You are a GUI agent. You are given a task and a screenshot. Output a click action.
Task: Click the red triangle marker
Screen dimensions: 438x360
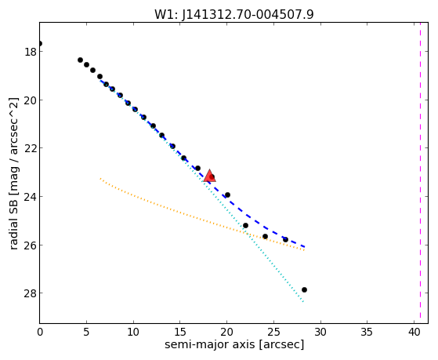point(209,176)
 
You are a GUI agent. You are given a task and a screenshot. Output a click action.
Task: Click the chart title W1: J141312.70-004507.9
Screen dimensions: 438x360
point(234,15)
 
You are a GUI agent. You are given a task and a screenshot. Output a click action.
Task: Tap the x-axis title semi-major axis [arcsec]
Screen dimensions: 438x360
point(234,344)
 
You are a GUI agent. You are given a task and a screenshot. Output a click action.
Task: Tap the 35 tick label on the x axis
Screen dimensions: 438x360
point(367,332)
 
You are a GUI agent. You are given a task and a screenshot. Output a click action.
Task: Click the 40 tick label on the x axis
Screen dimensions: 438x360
point(414,332)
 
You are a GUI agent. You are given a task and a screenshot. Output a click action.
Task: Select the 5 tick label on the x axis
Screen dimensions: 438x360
point(86,332)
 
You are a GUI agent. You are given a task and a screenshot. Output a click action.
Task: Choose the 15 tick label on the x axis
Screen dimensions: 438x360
point(180,332)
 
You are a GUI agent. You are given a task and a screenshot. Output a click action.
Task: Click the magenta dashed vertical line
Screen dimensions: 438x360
point(420,173)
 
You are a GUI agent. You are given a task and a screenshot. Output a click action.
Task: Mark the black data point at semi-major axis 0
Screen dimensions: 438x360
point(40,43)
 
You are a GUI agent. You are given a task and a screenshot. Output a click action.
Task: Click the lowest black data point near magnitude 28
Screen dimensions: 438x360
point(304,289)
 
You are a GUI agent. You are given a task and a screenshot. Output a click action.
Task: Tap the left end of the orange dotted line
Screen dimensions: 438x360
point(100,179)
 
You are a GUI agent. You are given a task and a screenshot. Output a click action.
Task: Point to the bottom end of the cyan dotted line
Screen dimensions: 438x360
point(303,302)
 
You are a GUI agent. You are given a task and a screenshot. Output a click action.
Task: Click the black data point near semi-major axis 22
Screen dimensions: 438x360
point(245,225)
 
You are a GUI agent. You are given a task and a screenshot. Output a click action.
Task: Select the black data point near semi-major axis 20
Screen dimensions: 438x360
point(227,195)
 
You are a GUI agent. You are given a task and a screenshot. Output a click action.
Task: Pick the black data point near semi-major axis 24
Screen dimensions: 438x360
point(265,237)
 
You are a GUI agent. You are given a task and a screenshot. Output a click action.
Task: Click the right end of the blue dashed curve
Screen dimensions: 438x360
point(304,247)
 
